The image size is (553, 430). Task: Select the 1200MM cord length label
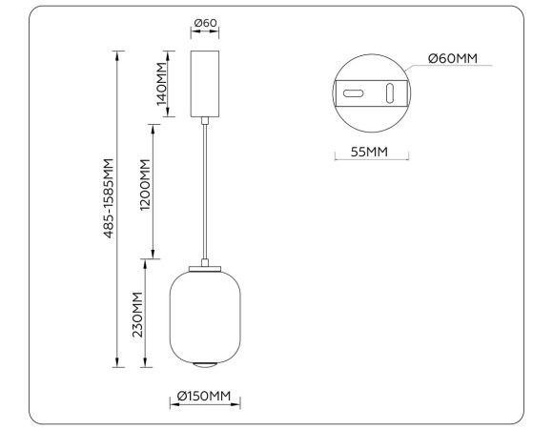(x=145, y=190)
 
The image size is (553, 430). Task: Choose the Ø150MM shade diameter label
(x=205, y=395)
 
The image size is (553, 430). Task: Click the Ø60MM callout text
(x=452, y=58)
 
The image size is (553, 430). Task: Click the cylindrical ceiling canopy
(x=204, y=83)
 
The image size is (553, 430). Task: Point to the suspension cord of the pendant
(x=204, y=191)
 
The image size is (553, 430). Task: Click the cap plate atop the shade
(x=204, y=266)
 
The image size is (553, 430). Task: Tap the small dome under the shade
(x=204, y=365)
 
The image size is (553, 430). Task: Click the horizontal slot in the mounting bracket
(x=354, y=94)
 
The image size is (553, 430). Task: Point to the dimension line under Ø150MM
(x=205, y=404)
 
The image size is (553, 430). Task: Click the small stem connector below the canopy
(x=204, y=119)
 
